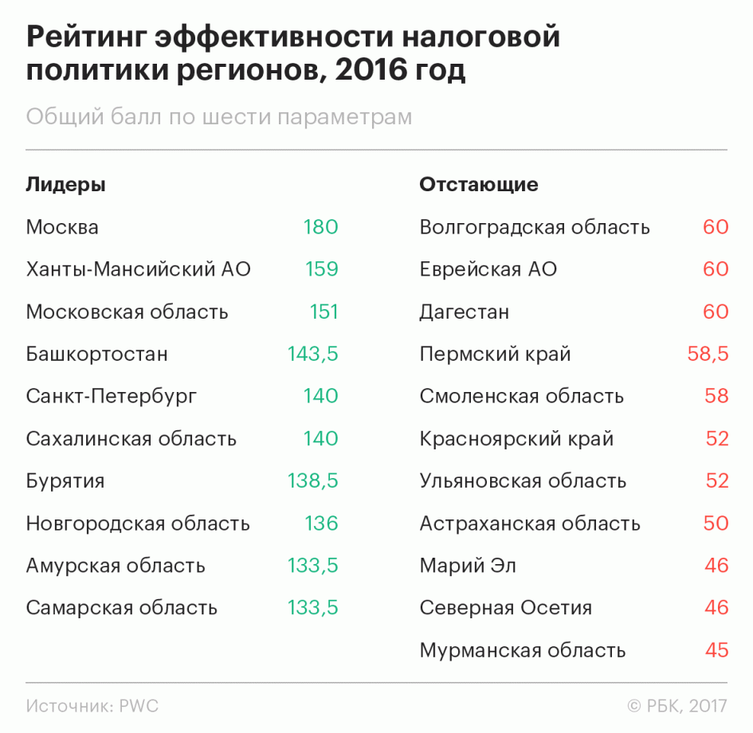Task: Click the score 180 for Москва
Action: pyautogui.click(x=320, y=227)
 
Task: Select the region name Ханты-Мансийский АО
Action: pyautogui.click(x=138, y=269)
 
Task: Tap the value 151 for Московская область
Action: pyautogui.click(x=324, y=312)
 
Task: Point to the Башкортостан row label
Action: pyautogui.click(x=96, y=354)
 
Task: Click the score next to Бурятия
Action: pyautogui.click(x=312, y=481)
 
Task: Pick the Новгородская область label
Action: pyautogui.click(x=138, y=523)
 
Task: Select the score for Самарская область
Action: pyautogui.click(x=312, y=608)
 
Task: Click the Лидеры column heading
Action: pyautogui.click(x=65, y=185)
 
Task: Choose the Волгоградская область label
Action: pyautogui.click(x=534, y=227)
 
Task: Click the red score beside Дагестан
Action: pyautogui.click(x=716, y=312)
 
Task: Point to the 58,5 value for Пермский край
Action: pyautogui.click(x=708, y=354)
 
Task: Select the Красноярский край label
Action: pyautogui.click(x=516, y=439)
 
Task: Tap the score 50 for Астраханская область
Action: pyautogui.click(x=716, y=523)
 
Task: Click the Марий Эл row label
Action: pyautogui.click(x=468, y=566)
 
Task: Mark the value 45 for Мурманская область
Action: pyautogui.click(x=716, y=650)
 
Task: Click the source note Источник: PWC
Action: pyautogui.click(x=92, y=706)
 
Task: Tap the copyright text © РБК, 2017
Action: pyautogui.click(x=677, y=706)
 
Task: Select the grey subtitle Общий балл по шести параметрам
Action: pyautogui.click(x=219, y=117)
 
